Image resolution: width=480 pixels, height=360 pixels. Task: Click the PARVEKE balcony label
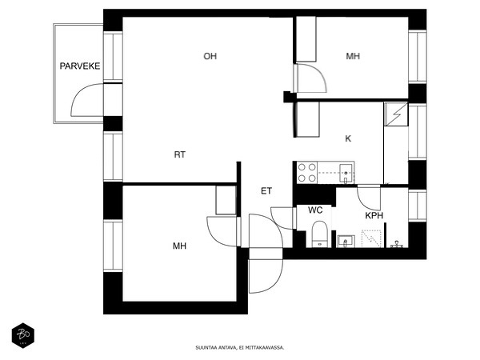pyautogui.click(x=79, y=66)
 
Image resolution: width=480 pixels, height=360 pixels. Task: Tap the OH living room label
pyautogui.click(x=210, y=56)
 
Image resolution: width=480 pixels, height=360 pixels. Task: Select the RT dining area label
pyautogui.click(x=180, y=154)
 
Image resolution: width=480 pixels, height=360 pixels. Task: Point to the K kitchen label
pyautogui.click(x=348, y=138)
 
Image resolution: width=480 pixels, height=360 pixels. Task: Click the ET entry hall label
pyautogui.click(x=266, y=191)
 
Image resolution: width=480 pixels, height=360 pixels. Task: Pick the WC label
pyautogui.click(x=315, y=210)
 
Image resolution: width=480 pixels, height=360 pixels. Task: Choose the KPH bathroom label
pyautogui.click(x=374, y=215)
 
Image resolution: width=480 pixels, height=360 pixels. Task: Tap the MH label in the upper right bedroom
pyautogui.click(x=353, y=56)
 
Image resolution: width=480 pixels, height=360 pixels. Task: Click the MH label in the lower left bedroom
pyautogui.click(x=179, y=246)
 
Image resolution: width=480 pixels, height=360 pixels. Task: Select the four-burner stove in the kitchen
pyautogui.click(x=307, y=173)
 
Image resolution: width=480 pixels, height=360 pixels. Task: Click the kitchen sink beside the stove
pyautogui.click(x=346, y=173)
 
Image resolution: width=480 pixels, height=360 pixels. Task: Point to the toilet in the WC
pyautogui.click(x=320, y=234)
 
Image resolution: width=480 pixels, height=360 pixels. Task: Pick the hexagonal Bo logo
pyautogui.click(x=23, y=335)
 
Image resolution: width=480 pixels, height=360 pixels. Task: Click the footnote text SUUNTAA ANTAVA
pyautogui.click(x=215, y=348)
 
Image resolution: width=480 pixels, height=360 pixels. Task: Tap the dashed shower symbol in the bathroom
pyautogui.click(x=371, y=238)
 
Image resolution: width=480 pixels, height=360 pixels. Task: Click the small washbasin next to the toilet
pyautogui.click(x=346, y=242)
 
